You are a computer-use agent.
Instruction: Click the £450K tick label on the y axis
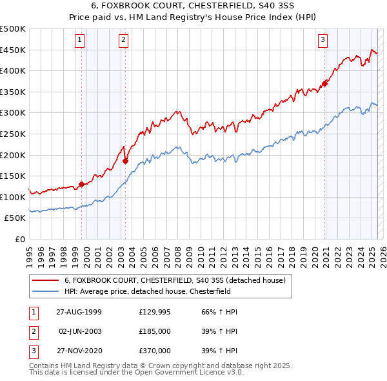click(13, 50)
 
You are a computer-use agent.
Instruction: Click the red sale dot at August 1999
click(82, 184)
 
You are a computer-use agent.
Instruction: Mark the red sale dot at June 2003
click(125, 161)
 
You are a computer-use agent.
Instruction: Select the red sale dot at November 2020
click(325, 83)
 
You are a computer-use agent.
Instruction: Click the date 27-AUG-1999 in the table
click(79, 312)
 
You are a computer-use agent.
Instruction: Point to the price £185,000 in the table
click(155, 331)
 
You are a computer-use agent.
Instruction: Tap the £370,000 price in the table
click(155, 351)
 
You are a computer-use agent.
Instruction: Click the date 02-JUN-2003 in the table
click(79, 331)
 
